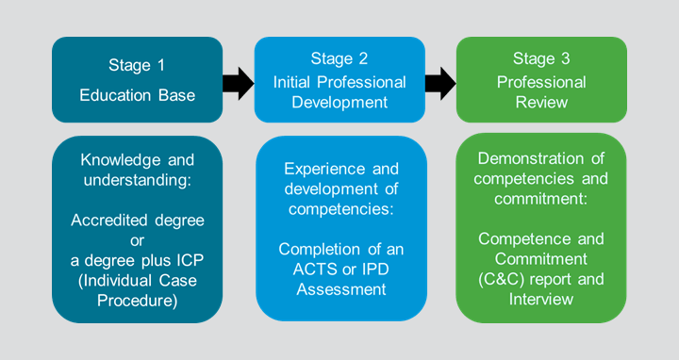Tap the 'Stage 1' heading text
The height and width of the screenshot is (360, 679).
(138, 65)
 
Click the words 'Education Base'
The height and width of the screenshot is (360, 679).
(138, 95)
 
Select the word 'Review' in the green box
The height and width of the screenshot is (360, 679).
(541, 102)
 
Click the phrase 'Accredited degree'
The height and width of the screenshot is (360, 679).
(138, 221)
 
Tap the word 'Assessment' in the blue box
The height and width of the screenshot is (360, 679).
(340, 289)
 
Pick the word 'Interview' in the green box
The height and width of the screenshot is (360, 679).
(541, 300)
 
